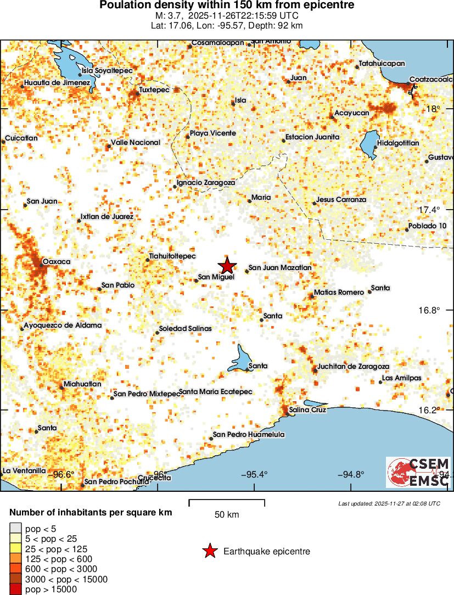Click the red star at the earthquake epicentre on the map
227,265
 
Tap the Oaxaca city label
57,262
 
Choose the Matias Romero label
339,293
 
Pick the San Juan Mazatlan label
280,268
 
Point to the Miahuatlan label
82,384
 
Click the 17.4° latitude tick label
430,210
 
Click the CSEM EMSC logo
418,472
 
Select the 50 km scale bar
227,503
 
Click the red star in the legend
209,551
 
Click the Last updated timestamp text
389,503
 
